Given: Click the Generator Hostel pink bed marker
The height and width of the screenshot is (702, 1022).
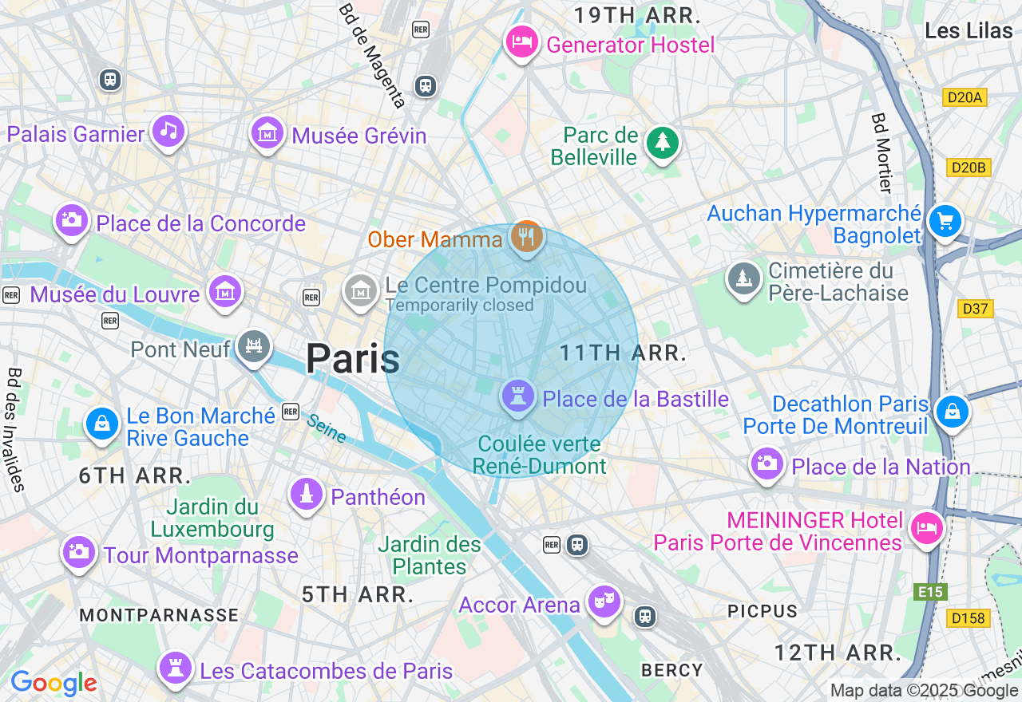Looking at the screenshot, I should [x=522, y=42].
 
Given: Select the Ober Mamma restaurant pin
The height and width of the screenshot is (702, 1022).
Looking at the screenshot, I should [x=526, y=237].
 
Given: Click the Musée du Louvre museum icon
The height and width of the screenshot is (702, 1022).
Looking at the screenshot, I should [x=226, y=292].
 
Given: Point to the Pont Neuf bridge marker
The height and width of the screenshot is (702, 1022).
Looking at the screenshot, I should [x=254, y=346].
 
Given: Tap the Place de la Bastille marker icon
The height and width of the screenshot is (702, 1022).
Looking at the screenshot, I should [x=517, y=396].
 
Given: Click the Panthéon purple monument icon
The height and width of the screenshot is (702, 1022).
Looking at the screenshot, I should [x=306, y=495].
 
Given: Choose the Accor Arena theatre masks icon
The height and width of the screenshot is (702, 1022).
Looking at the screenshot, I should [x=604, y=601].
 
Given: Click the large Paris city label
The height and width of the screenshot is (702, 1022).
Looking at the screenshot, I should [x=352, y=358].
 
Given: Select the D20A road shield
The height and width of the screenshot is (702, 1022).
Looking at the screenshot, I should [x=965, y=97].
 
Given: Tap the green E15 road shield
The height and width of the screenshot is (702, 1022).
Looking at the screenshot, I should [x=930, y=592].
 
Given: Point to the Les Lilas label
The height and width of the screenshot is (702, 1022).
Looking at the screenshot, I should [x=968, y=30].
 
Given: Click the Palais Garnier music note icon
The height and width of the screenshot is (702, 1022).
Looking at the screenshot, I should [x=168, y=131].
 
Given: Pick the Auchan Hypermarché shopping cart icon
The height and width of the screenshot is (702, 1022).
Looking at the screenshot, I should [x=945, y=221].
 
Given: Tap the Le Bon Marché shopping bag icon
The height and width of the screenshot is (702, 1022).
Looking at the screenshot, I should [x=103, y=423].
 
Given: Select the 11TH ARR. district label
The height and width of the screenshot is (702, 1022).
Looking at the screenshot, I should [x=623, y=353].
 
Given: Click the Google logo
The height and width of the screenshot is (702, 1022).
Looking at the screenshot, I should [x=53, y=683].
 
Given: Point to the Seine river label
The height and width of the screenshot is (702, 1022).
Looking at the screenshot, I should [x=327, y=429].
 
